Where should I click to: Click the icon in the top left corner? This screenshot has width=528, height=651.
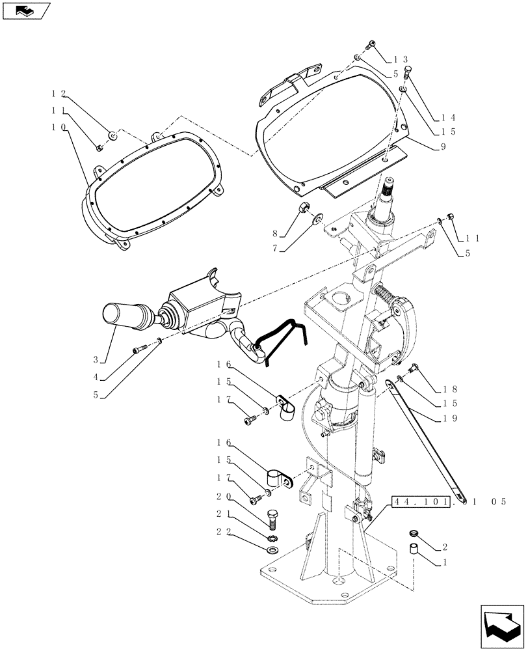[27, 10]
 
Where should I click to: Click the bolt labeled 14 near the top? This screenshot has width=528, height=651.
[408, 72]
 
